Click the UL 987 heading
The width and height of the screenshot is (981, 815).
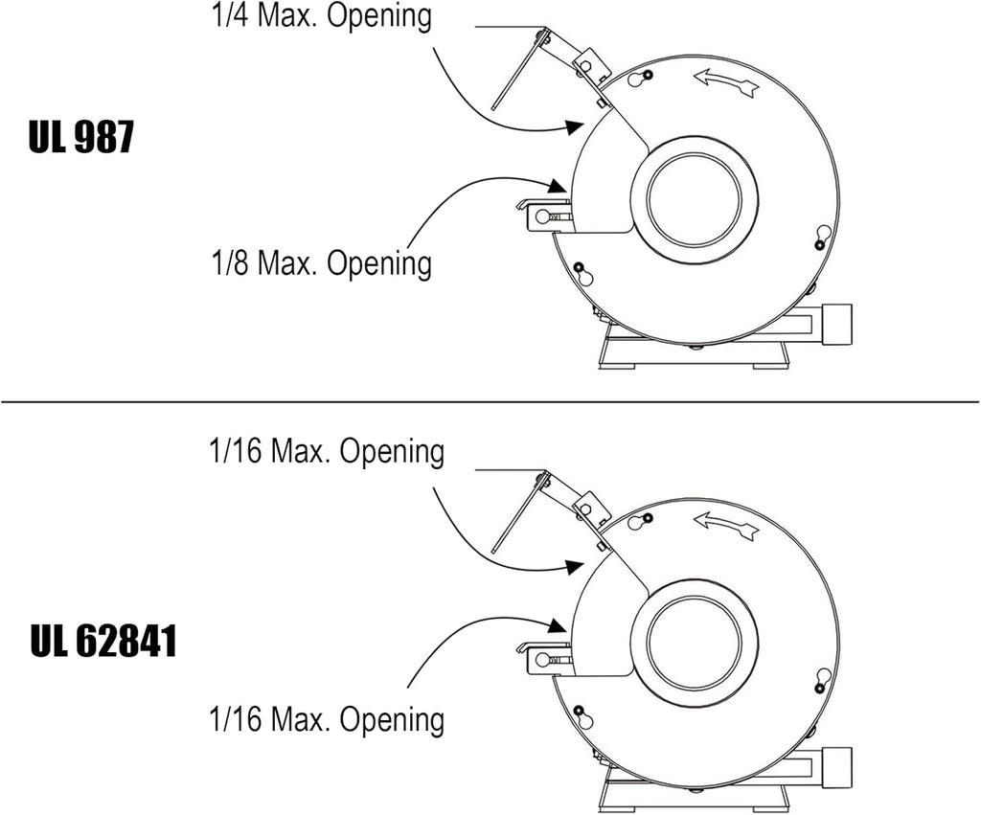(x=81, y=137)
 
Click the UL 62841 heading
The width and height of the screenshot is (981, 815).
(x=103, y=641)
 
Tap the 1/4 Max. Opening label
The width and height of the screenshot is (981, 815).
(x=322, y=15)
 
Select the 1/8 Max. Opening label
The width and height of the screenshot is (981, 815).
(x=322, y=262)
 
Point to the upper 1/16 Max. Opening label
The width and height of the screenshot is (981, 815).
(x=327, y=451)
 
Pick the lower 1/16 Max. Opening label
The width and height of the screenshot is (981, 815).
(x=327, y=719)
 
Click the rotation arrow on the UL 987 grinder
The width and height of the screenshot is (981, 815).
(x=727, y=82)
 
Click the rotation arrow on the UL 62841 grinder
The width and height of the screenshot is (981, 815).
(x=727, y=524)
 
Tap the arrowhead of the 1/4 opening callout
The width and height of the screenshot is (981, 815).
(x=575, y=127)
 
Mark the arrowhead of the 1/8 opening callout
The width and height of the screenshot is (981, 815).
(x=559, y=186)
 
